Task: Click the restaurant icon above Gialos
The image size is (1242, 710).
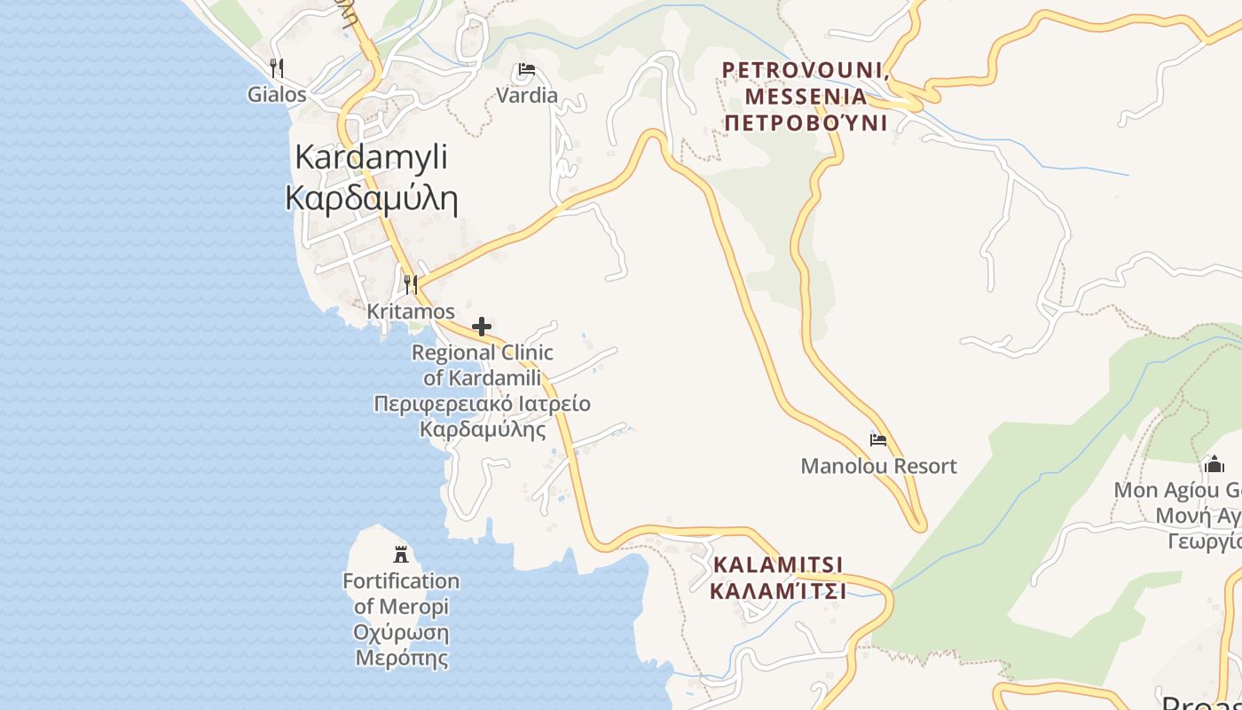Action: (277, 67)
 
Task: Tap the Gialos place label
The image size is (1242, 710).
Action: (277, 95)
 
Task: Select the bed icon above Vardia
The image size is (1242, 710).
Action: (527, 69)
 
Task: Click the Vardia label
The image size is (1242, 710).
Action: (527, 96)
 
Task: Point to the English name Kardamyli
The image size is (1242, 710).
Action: (371, 157)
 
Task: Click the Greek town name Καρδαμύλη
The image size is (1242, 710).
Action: (371, 199)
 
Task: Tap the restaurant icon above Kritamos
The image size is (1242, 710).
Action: (411, 284)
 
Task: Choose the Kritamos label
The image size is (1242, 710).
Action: (411, 312)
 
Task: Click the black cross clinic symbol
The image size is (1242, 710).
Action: (482, 327)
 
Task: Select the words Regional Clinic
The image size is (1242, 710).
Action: (482, 352)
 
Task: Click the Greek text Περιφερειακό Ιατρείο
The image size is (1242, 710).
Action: (482, 405)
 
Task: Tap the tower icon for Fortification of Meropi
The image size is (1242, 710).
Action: (401, 555)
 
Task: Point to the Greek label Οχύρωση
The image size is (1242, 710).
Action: (401, 634)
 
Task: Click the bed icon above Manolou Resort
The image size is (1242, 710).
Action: (878, 439)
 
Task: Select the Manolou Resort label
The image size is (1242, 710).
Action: (878, 466)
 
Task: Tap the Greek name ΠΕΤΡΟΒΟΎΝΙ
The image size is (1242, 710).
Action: (806, 122)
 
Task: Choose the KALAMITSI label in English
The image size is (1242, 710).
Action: (778, 564)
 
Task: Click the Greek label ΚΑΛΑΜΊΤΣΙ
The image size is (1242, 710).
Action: (778, 590)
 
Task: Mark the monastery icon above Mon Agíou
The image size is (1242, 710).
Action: (1214, 464)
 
